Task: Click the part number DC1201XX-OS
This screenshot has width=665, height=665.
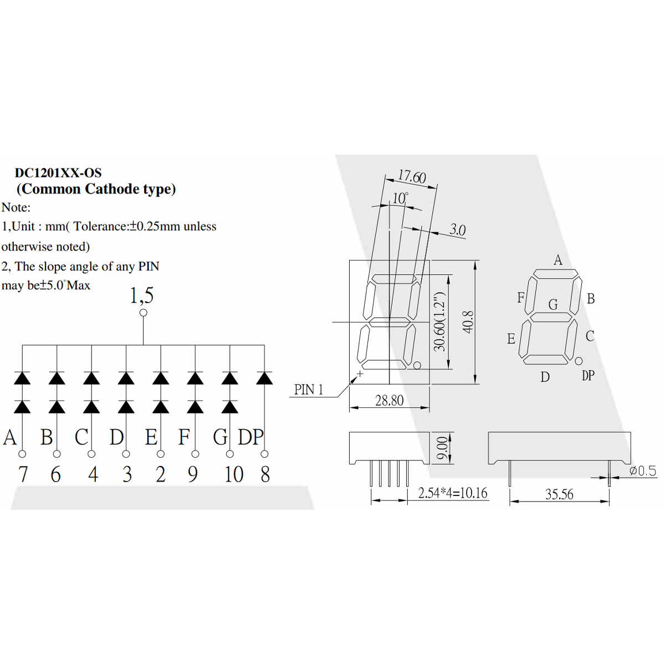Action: coord(58,172)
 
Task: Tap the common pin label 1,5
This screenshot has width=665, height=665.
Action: coord(141,295)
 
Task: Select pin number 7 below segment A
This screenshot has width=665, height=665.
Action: coord(23,474)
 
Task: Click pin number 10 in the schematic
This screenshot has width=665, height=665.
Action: coord(234,474)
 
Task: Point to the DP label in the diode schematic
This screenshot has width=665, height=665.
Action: coord(250,437)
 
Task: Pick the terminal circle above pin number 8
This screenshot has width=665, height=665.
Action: coord(264,454)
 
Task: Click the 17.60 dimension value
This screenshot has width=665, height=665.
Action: coord(412,176)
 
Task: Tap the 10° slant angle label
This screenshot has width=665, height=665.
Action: coord(400,198)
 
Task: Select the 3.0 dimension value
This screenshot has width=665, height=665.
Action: coord(458,229)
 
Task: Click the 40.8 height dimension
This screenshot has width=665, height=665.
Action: coord(468,322)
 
